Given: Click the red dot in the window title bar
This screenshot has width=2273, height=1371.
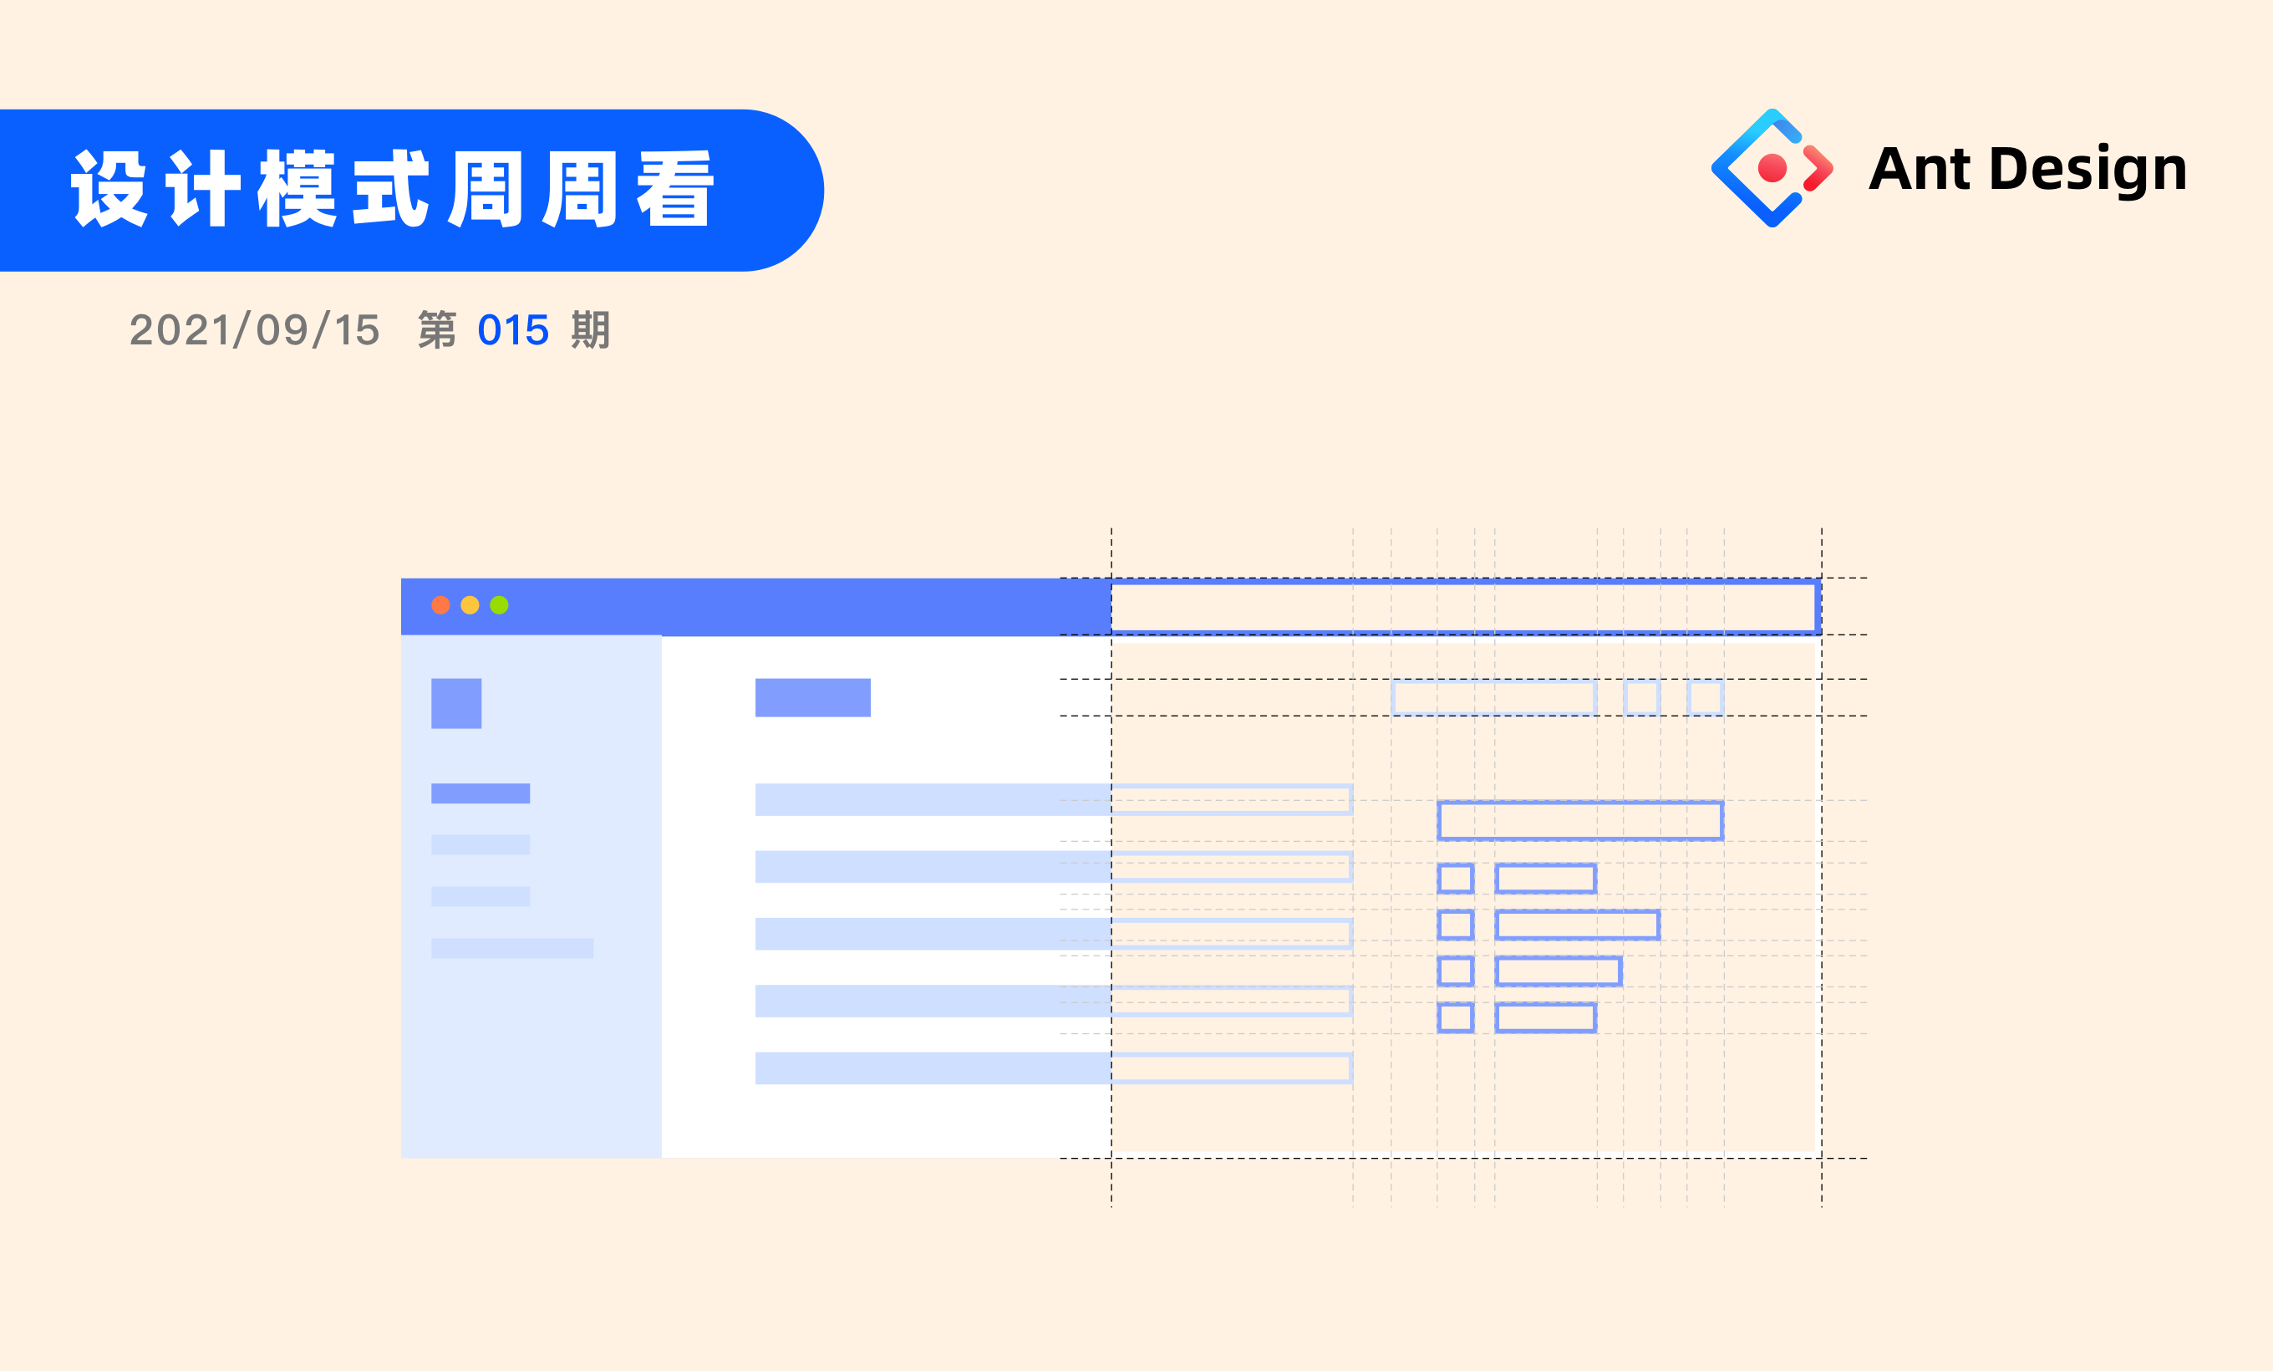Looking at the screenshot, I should pos(441,605).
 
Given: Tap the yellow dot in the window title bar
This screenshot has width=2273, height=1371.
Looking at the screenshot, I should pos(470,605).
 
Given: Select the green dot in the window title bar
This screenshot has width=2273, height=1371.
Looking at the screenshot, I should pos(499,605).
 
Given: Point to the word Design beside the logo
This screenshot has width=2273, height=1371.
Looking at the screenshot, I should pos(2087,170).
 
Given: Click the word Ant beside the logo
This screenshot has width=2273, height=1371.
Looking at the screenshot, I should pos(1919,169).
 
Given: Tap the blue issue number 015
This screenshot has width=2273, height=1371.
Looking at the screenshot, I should pos(513,330).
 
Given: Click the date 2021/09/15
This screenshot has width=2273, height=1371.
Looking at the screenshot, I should pos(255,330).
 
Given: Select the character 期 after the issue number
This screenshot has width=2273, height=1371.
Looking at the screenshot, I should pos(590,330).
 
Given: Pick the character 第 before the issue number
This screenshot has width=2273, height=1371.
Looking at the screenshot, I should pos(437,330).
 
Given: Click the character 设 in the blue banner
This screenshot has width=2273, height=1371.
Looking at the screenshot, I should pos(109,189).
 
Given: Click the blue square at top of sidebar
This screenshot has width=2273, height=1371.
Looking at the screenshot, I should pos(456,703).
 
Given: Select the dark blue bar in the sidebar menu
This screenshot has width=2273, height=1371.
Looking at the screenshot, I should pos(481,793).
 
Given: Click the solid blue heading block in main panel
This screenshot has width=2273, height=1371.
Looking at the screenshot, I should pos(813,697).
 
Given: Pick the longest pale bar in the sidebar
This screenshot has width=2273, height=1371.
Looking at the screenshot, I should pos(512,949).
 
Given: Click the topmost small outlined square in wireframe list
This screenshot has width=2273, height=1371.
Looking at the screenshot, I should pos(1456,879).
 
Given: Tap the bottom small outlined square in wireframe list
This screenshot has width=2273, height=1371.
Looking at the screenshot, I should pos(1456,1017).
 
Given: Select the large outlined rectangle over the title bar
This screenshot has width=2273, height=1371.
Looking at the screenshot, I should pos(1465,607).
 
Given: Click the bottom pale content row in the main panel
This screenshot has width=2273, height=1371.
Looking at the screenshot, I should pos(933,1068).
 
